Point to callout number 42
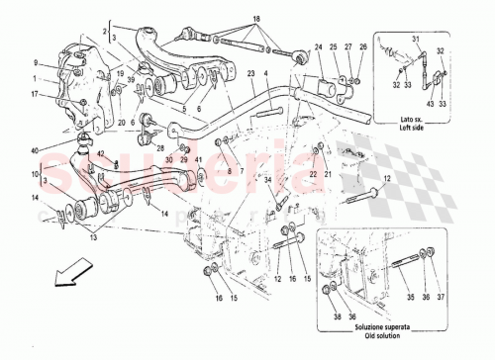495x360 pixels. point(100,152)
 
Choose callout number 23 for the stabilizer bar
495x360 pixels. point(251,73)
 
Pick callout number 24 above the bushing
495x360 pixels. point(320,46)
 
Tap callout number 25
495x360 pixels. point(337,46)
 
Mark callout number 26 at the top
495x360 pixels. point(362,46)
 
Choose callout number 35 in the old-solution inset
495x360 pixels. point(413,295)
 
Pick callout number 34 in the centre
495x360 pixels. point(266,179)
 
